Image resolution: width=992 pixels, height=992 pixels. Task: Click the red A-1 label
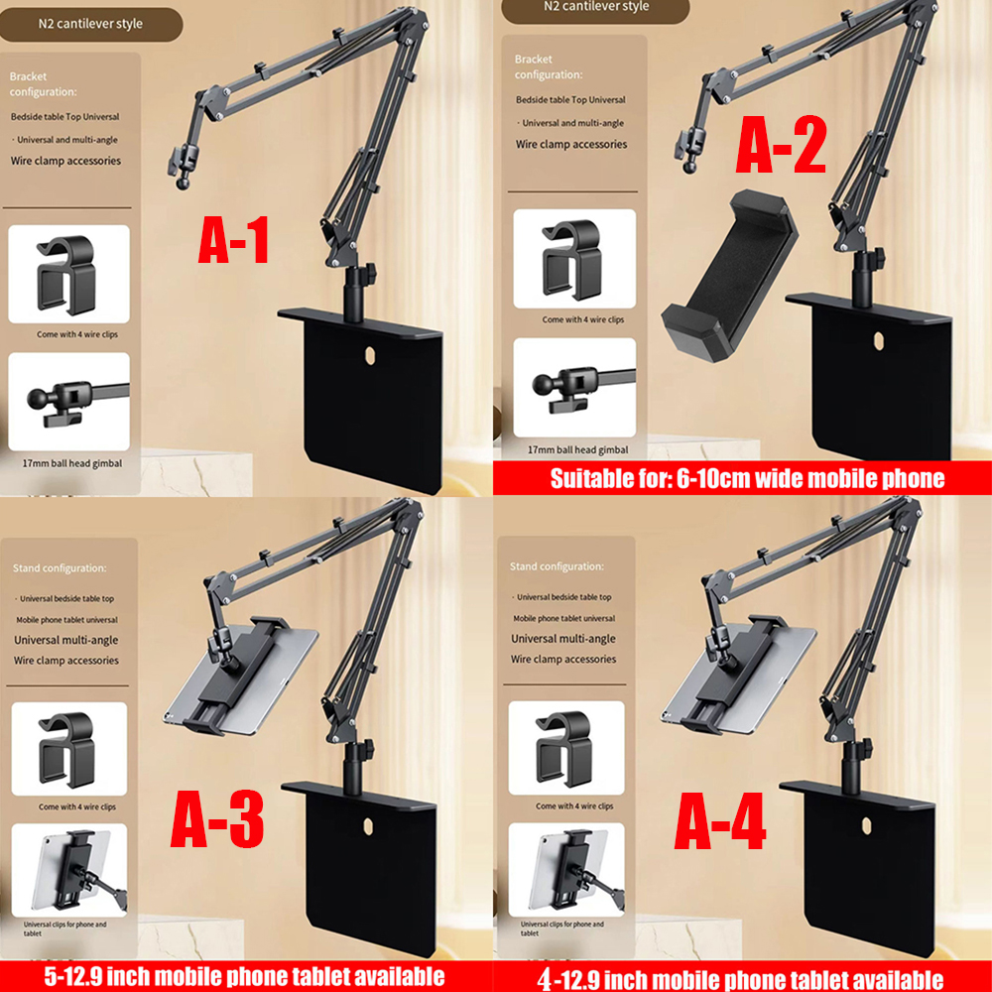click(234, 241)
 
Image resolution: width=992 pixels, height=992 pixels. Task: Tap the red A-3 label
click(217, 822)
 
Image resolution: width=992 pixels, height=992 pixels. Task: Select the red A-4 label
click(720, 822)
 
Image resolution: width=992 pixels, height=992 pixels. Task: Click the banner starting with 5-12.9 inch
click(244, 976)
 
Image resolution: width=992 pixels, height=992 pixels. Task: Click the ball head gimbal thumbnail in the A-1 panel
click(68, 401)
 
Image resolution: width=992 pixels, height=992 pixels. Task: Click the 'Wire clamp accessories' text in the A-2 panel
click(571, 145)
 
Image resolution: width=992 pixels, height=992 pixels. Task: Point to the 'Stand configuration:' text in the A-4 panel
click(557, 566)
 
